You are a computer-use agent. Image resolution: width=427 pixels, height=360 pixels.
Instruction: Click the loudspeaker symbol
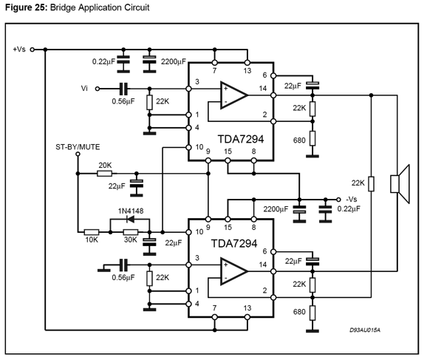tap(400, 184)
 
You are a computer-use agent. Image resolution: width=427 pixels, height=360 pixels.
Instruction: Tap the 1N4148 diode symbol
tap(131, 219)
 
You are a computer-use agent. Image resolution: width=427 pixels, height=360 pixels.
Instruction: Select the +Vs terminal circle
tap(32, 50)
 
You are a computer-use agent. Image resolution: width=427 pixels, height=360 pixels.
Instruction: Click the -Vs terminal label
tap(352, 199)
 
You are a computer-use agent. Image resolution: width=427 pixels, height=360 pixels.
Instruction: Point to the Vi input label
tap(84, 88)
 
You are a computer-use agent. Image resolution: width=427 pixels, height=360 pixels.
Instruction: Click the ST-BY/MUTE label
tap(78, 147)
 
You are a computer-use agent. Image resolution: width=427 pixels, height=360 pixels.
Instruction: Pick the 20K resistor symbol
tap(105, 173)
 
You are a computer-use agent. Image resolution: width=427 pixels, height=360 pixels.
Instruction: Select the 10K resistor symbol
tap(92, 232)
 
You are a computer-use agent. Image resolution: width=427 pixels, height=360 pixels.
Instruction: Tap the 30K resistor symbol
tap(131, 232)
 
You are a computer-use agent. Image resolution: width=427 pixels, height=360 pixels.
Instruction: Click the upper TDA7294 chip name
tap(241, 139)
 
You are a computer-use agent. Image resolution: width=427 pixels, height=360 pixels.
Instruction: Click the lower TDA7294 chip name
tap(234, 243)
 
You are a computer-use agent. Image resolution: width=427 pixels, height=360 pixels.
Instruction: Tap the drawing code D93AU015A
tap(365, 330)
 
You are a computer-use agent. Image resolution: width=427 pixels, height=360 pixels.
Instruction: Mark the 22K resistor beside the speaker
tap(371, 183)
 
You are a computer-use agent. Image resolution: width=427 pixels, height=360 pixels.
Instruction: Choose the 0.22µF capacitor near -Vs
tap(326, 209)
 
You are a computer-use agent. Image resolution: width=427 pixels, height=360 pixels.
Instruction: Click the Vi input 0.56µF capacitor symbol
tap(123, 89)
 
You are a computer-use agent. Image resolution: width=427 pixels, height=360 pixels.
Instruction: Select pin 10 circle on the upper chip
tap(188, 147)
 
